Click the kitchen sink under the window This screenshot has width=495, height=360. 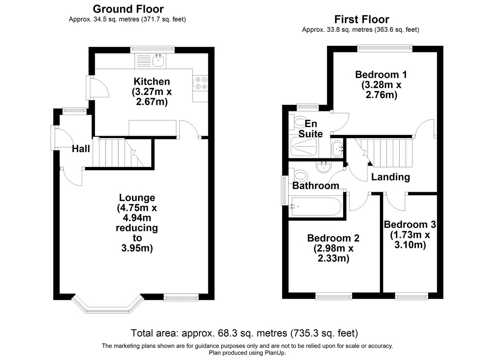pos(158,61)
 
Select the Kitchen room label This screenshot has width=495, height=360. pos(151,82)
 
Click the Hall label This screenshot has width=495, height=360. pos(81,149)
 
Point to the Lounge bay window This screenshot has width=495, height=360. pos(108,306)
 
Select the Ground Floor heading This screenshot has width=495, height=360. pos(128,9)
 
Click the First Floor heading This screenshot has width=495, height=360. pos(361,19)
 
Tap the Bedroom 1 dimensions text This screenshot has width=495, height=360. pos(381,90)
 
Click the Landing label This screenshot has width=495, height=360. pos(390,177)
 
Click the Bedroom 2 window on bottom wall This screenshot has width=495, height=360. pos(334,296)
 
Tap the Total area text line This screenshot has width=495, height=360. pos(244,333)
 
